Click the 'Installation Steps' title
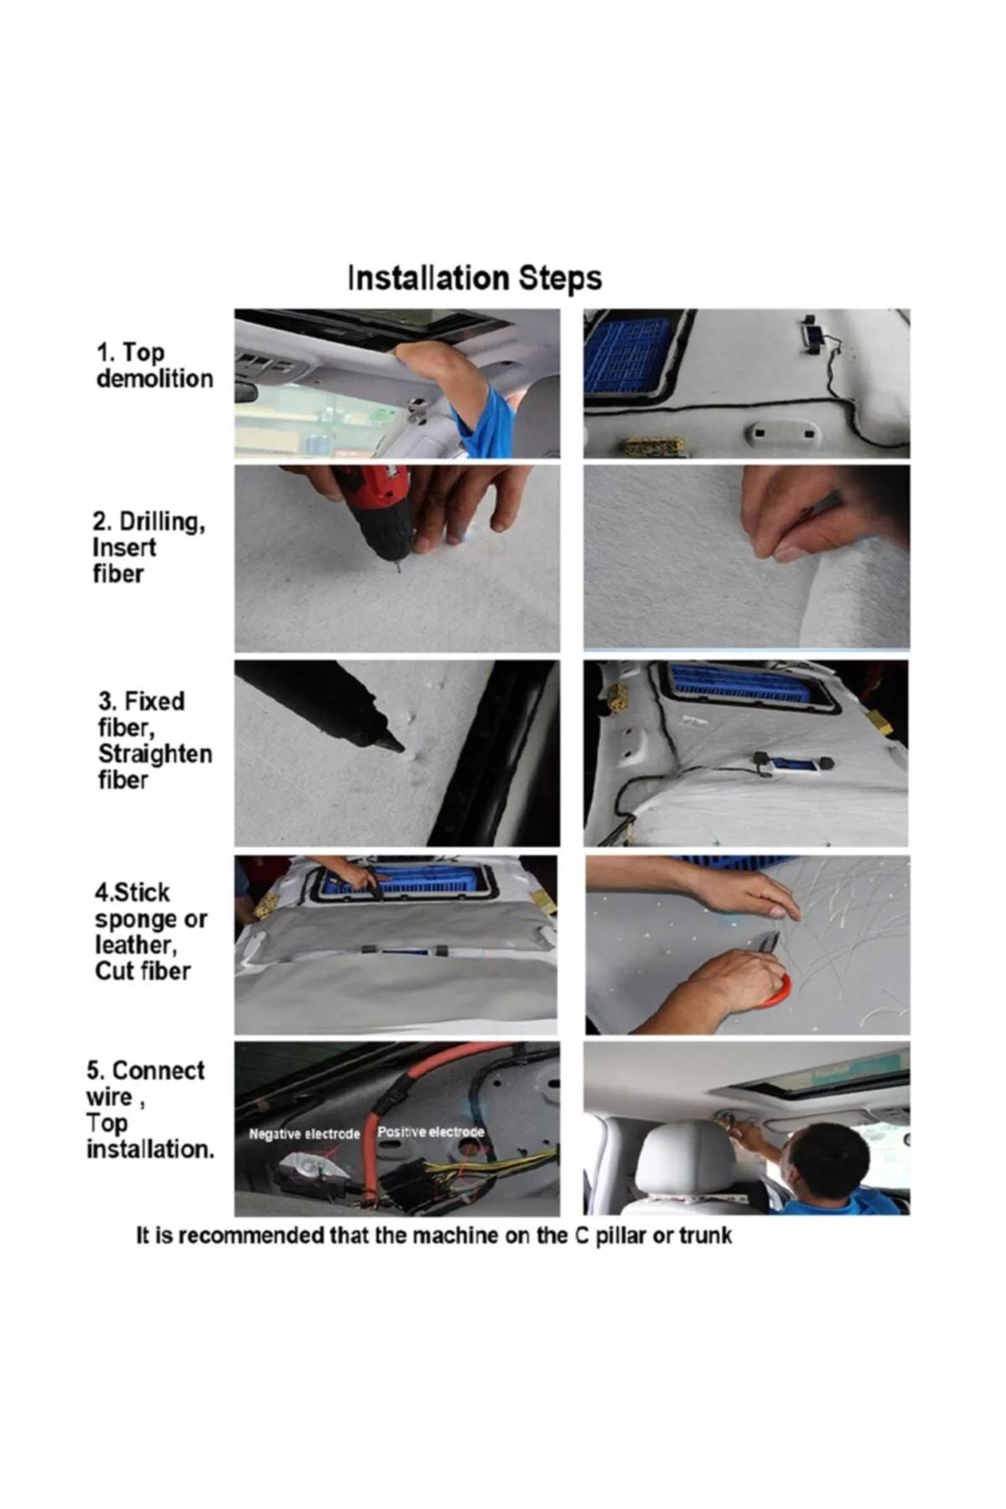[x=474, y=277]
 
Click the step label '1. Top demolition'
[x=155, y=366]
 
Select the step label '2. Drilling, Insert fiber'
[x=149, y=547]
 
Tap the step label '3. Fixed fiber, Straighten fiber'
[x=155, y=740]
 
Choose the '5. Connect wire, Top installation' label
[x=150, y=1109]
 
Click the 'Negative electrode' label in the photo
[x=304, y=1134]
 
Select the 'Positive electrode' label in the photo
[x=431, y=1132]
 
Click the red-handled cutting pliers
[x=775, y=977]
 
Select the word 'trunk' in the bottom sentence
[x=705, y=1236]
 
